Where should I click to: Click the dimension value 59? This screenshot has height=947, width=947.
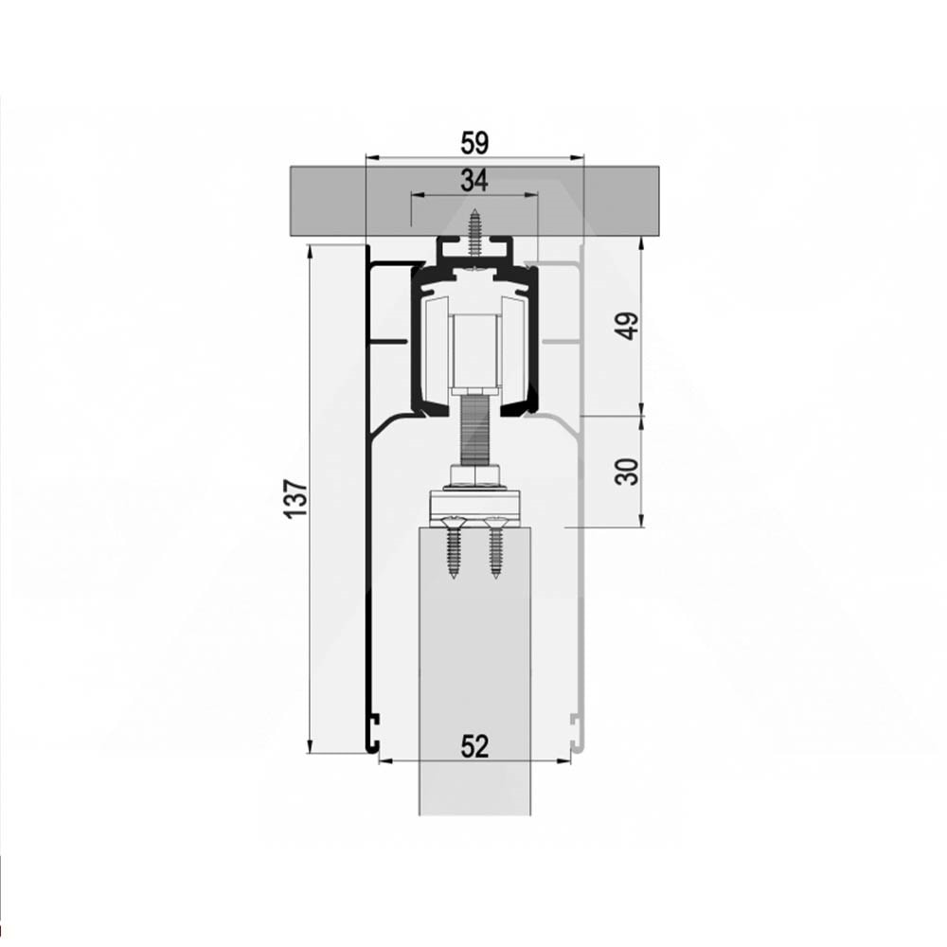click(474, 144)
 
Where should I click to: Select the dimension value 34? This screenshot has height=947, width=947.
click(474, 181)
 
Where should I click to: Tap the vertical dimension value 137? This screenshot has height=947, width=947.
click(296, 498)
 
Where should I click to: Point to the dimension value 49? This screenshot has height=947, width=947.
click(629, 326)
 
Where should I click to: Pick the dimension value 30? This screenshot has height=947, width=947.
click(629, 471)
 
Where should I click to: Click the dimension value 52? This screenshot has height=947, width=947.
click(474, 746)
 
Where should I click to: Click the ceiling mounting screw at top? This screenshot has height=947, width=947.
click(474, 233)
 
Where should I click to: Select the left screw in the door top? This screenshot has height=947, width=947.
click(454, 547)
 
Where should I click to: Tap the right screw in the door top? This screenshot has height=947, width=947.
click(495, 547)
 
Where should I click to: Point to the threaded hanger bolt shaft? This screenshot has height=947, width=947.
click(474, 430)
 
